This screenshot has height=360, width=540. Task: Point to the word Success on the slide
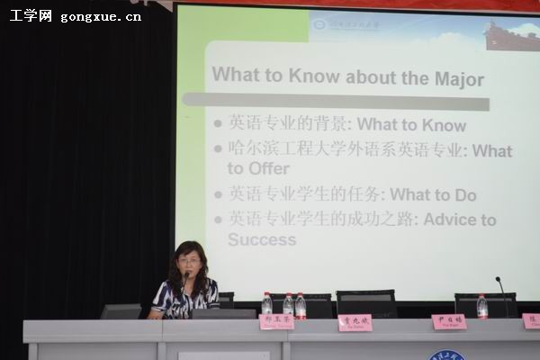click(261, 239)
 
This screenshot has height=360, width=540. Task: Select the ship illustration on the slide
click(511, 36)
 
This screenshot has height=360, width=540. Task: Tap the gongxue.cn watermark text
click(100, 16)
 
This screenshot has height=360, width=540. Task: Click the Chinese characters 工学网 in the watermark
click(31, 15)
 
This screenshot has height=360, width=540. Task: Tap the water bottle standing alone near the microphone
click(482, 306)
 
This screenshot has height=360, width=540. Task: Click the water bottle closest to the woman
click(266, 304)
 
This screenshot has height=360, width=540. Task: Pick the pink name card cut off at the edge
click(531, 321)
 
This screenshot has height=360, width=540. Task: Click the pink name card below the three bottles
click(275, 321)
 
